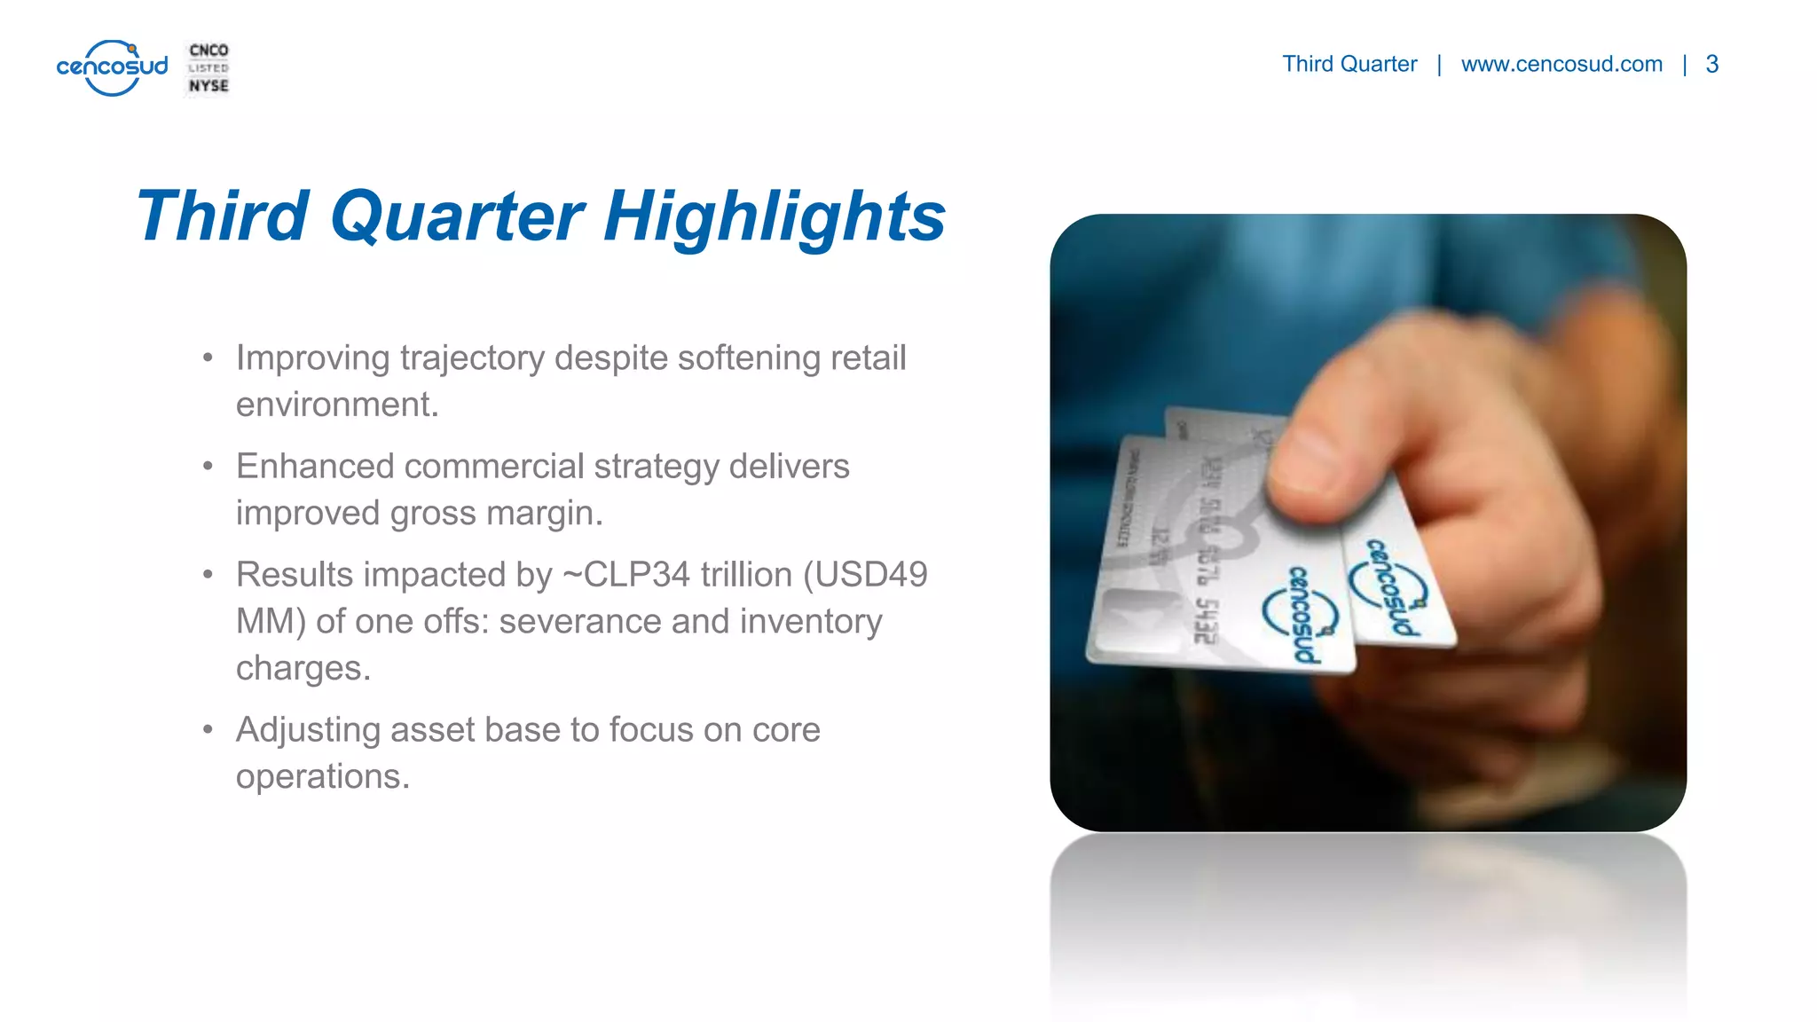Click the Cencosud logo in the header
click(x=112, y=67)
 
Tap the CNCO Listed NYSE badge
click(x=208, y=68)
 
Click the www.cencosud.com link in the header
click(x=1561, y=65)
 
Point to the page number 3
click(x=1711, y=65)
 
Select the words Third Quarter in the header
click(x=1349, y=65)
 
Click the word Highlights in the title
click(x=774, y=216)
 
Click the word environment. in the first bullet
click(x=337, y=405)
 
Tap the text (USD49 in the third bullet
click(x=865, y=575)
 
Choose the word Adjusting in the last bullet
click(x=308, y=730)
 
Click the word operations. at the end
click(x=323, y=777)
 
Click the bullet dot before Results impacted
click(x=208, y=575)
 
